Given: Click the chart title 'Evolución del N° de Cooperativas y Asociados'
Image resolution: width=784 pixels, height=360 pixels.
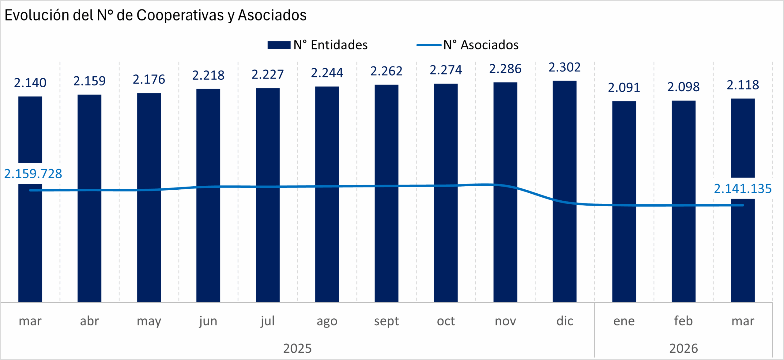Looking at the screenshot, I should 155,15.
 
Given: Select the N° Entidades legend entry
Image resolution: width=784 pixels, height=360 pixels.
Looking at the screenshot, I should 317,45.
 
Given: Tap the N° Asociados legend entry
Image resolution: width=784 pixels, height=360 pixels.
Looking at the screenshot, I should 467,45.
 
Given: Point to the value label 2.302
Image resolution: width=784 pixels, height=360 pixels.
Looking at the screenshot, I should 564,67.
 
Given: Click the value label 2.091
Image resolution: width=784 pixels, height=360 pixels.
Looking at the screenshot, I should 624,88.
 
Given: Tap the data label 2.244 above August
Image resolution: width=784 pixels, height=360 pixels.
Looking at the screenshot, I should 327,73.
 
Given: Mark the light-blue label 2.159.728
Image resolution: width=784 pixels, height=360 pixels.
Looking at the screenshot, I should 33,174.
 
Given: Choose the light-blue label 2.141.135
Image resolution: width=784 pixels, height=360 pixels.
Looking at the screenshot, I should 743,189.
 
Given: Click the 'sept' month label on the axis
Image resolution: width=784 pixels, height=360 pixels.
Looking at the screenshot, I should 386,321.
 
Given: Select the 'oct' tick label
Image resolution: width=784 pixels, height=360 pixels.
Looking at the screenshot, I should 446,321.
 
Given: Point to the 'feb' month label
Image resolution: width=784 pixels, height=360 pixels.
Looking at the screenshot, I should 683,321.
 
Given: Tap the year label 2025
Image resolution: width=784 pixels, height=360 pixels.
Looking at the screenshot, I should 297,348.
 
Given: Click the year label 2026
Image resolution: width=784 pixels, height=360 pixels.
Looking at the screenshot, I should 683,348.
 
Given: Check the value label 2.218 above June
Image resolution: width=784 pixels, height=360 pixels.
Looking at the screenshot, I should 208,75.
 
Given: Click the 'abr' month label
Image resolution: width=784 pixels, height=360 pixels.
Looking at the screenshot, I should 89,321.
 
